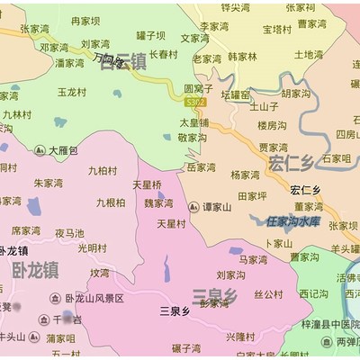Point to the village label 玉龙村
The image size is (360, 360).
pos(72,92)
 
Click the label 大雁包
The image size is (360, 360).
pos(63,149)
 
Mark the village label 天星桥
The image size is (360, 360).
pos(147,184)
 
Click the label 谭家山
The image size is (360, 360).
pos(215,206)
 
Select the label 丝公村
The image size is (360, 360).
pos(268,293)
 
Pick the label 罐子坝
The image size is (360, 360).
pos(150,36)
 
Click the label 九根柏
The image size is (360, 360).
pos(111,203)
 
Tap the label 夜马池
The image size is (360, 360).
pos(69,232)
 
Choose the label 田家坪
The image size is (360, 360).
pos(252,194)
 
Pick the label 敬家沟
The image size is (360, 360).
pos(193,138)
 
